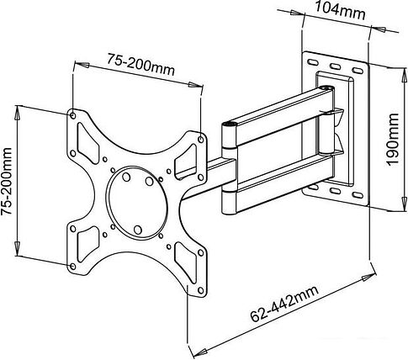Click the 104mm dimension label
(x=340, y=11)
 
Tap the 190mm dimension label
(x=392, y=140)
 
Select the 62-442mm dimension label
(x=284, y=304)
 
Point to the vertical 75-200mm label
(x=7, y=181)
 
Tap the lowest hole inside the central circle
(x=137, y=230)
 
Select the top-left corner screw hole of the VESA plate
(x=72, y=115)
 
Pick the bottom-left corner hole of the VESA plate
(x=72, y=266)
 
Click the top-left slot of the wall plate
(x=312, y=62)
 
